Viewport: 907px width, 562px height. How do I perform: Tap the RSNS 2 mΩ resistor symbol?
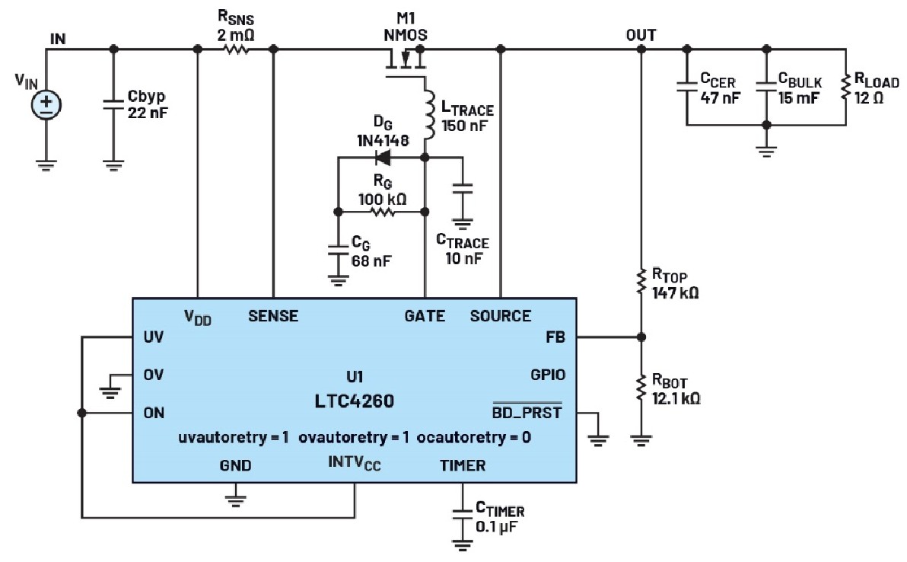pos(235,49)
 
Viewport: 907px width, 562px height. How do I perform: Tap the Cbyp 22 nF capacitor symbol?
pos(113,104)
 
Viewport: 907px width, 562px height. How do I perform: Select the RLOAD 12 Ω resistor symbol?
pos(845,85)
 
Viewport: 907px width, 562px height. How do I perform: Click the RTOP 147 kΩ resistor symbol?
pos(641,283)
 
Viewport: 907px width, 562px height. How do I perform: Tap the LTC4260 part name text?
pos(355,401)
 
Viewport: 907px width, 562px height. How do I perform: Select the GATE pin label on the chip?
pos(425,316)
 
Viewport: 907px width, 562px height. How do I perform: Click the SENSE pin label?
pos(273,316)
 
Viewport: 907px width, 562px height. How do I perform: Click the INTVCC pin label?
pos(354,464)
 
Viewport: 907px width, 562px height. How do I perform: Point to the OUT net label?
pos(641,35)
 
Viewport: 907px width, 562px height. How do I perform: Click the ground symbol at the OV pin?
pos(110,389)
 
